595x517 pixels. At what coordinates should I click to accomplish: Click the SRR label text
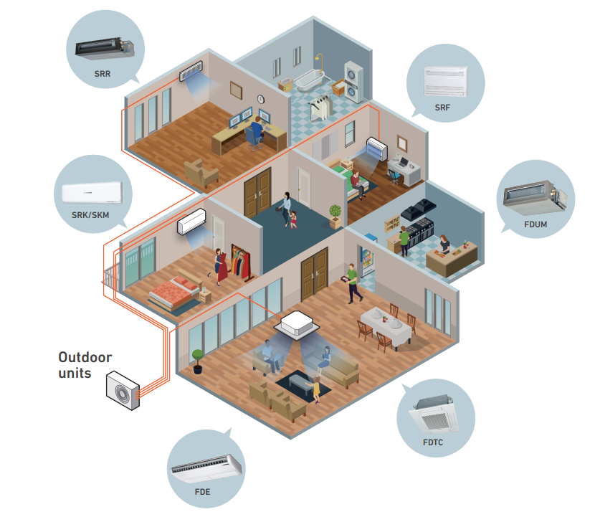[101, 74]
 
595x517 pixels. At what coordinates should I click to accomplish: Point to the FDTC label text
[433, 442]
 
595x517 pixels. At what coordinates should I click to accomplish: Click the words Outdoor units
[85, 364]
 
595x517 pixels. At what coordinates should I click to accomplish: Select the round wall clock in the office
[261, 99]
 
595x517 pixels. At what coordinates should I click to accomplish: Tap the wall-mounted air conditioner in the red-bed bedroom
[192, 222]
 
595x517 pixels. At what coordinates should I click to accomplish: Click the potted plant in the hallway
[335, 214]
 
